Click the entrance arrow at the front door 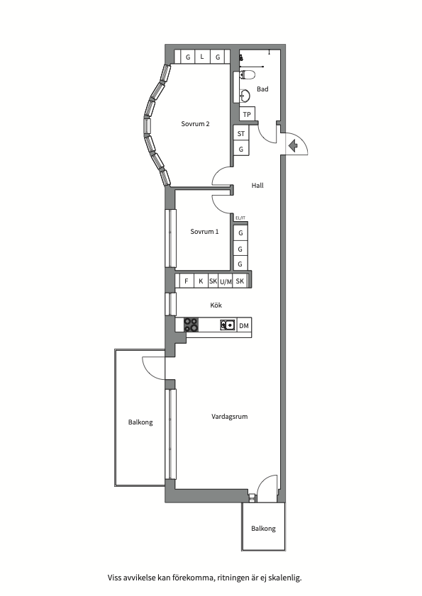click(x=293, y=145)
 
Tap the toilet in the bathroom click(x=247, y=74)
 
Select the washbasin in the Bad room click(x=245, y=95)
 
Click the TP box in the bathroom click(x=247, y=114)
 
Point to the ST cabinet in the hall click(x=241, y=133)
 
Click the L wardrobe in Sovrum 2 click(x=202, y=57)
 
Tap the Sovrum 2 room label click(x=195, y=124)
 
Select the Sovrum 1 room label click(x=204, y=232)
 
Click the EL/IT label click(x=240, y=218)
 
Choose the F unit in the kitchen click(x=187, y=281)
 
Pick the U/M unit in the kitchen click(x=226, y=281)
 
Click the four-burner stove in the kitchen click(x=191, y=325)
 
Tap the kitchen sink click(x=228, y=325)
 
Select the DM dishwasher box click(x=244, y=325)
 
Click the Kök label click(x=216, y=305)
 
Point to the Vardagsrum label click(x=230, y=417)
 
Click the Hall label click(x=257, y=186)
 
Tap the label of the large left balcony click(x=140, y=422)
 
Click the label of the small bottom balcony click(x=263, y=529)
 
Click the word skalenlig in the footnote click(x=285, y=578)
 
